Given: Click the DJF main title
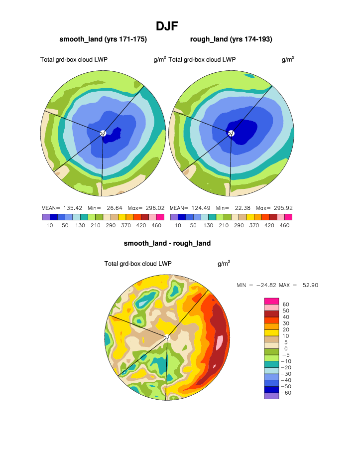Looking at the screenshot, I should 167,26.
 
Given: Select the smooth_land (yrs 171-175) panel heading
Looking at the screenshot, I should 103,39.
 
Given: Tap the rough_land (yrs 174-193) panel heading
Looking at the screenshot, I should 231,39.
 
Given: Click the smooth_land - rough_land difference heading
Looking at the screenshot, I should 167,244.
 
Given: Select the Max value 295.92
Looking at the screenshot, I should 282,208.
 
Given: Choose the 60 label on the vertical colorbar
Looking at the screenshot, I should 286,304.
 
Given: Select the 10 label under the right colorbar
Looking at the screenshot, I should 178,225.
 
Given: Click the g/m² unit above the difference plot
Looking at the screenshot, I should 224,264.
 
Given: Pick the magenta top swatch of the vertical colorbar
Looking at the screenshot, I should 271,301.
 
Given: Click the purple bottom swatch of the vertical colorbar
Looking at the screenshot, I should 271,396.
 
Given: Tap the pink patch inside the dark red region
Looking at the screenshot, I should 220,343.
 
